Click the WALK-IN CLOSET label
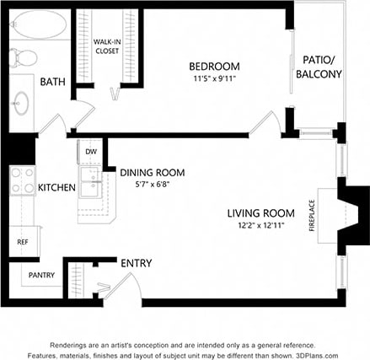(x=106, y=46)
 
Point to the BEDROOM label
(x=213, y=67)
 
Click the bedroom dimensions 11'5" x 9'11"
(x=213, y=78)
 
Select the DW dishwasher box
(x=90, y=152)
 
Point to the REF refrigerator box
(x=23, y=242)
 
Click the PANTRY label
(x=41, y=275)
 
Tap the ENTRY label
(x=136, y=264)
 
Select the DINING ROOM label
(x=152, y=172)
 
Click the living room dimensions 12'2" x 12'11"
(x=260, y=225)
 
